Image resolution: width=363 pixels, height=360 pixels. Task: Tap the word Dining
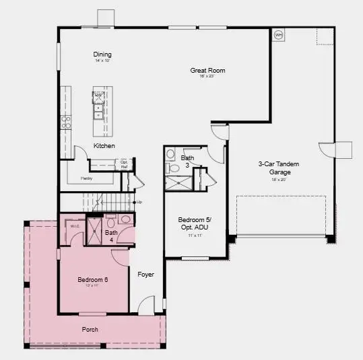102,55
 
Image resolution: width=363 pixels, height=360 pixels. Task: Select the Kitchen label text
104,146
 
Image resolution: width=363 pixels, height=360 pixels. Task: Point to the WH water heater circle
278,35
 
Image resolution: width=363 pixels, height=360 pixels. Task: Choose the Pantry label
86,179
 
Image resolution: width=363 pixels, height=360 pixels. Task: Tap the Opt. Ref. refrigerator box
125,164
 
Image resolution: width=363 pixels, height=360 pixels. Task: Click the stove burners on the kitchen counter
66,122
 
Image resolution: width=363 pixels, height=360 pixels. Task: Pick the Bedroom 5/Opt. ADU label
196,223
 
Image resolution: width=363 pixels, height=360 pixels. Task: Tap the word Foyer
146,275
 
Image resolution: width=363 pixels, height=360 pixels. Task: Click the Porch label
91,329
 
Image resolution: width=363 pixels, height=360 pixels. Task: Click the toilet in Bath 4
125,220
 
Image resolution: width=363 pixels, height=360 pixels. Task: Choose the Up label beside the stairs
139,202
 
